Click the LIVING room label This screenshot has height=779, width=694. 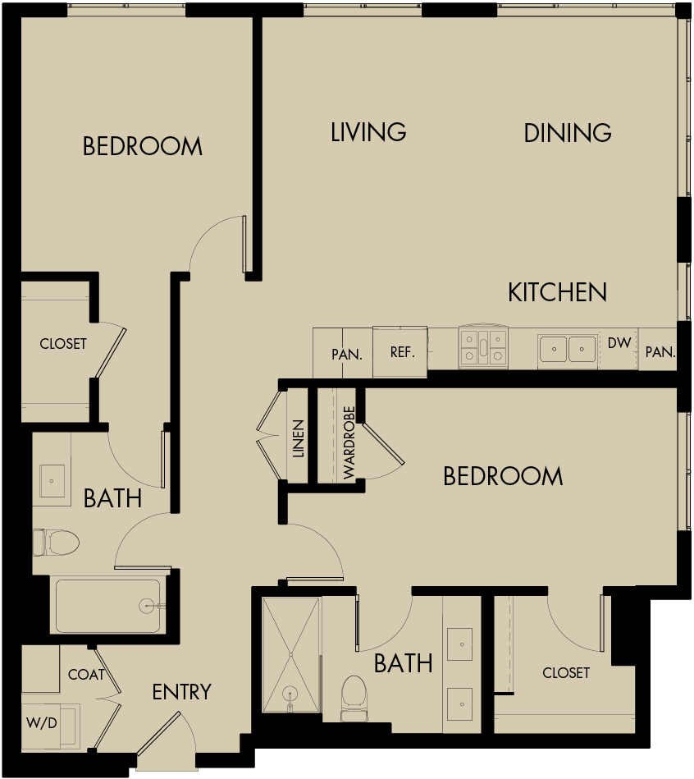click(x=368, y=131)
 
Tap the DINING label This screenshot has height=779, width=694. click(x=568, y=132)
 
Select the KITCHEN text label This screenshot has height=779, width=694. click(x=557, y=291)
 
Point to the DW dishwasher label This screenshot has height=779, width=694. click(x=619, y=344)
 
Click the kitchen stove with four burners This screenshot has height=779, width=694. click(x=484, y=346)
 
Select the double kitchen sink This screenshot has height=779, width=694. click(x=568, y=349)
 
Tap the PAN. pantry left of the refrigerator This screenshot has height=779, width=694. click(x=346, y=355)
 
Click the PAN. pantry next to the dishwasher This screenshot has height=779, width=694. click(x=660, y=352)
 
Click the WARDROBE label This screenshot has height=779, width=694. click(x=349, y=442)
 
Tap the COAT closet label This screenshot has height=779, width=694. click(x=86, y=674)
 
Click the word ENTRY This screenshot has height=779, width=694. click(x=181, y=692)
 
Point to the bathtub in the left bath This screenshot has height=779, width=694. click(x=107, y=606)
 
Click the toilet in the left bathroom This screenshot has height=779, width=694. click(x=57, y=542)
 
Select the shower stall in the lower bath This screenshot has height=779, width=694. click(x=290, y=655)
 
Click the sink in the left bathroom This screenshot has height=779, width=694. click(x=53, y=479)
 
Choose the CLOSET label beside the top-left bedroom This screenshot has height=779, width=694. click(x=63, y=344)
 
